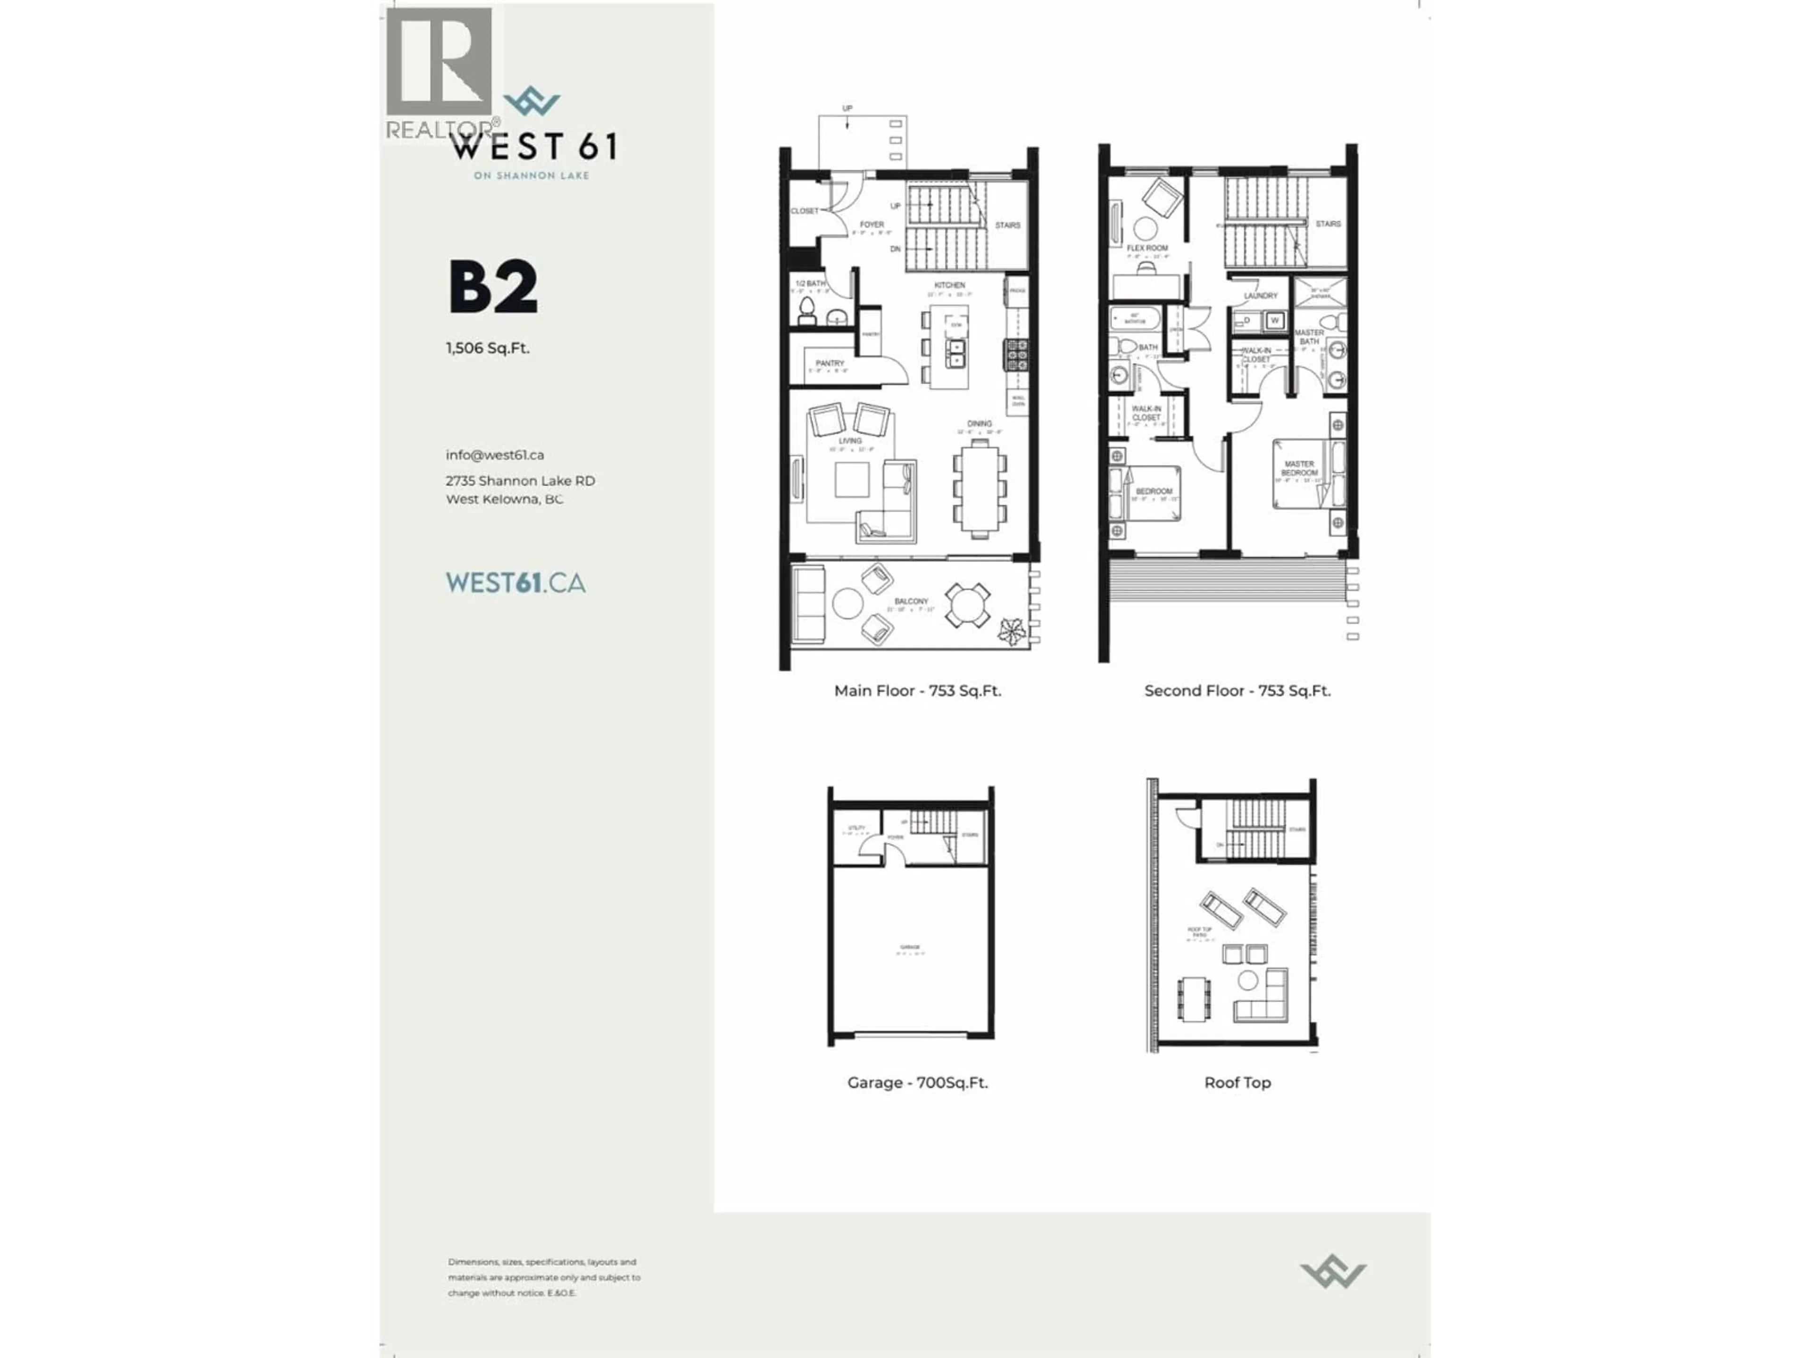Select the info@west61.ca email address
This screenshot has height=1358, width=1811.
point(495,455)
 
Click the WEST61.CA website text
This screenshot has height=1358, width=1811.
point(515,583)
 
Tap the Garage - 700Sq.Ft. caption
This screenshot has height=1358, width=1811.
point(917,1082)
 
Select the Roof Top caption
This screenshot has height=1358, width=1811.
point(1237,1082)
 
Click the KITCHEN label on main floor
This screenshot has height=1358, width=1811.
point(950,285)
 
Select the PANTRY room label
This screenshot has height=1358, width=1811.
point(830,363)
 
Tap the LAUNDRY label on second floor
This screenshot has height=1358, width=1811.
point(1260,296)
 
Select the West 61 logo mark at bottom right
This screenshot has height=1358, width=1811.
point(1332,1271)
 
